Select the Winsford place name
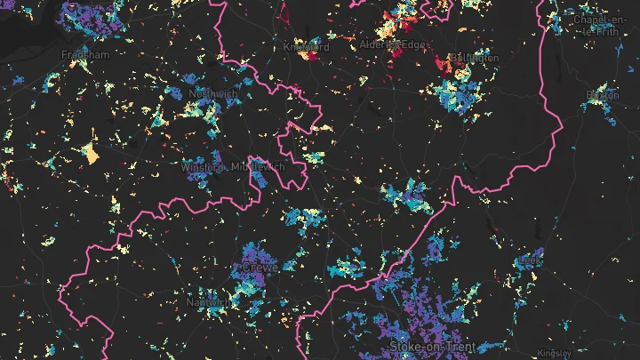pyautogui.click(x=203, y=167)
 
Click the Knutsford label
pyautogui.click(x=306, y=47)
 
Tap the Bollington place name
pyautogui.click(x=476, y=59)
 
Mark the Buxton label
pyautogui.click(x=601, y=94)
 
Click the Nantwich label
pyautogui.click(x=206, y=302)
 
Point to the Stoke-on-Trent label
pyautogui.click(x=432, y=346)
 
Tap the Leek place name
pyautogui.click(x=531, y=259)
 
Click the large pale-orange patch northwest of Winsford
pyautogui.click(x=90, y=154)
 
